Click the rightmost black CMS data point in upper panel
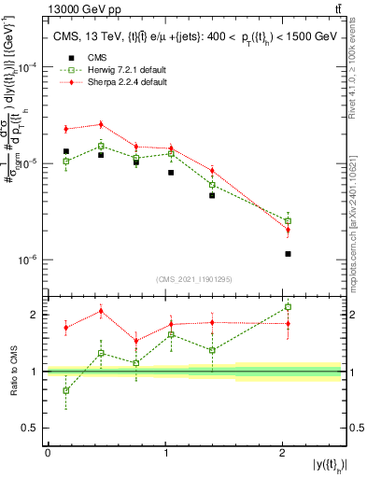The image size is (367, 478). point(288,254)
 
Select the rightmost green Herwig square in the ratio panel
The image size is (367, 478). point(288,307)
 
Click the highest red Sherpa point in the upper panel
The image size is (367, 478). point(101,124)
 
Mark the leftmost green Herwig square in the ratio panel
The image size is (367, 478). point(65,390)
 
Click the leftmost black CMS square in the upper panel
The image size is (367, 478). point(65,151)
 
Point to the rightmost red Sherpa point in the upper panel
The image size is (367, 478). point(288,230)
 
